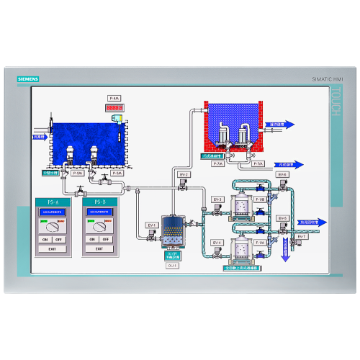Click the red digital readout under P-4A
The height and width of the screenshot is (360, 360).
pos(114,107)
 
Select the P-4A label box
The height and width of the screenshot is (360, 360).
pos(114,98)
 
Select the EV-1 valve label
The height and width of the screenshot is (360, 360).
pos(152,225)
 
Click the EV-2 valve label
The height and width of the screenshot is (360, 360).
pos(184,174)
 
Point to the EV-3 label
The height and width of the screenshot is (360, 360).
pos(217,199)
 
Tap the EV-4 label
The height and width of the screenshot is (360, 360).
pos(217,243)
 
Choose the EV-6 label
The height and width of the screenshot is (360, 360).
pos(282,174)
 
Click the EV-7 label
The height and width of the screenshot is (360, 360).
pos(302,236)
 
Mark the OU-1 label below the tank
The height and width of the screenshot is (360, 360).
pos(173,266)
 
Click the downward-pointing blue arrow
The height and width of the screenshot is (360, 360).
pos(286,248)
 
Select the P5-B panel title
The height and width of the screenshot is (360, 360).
pos(100,202)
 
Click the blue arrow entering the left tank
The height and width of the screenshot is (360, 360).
pos(40,135)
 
